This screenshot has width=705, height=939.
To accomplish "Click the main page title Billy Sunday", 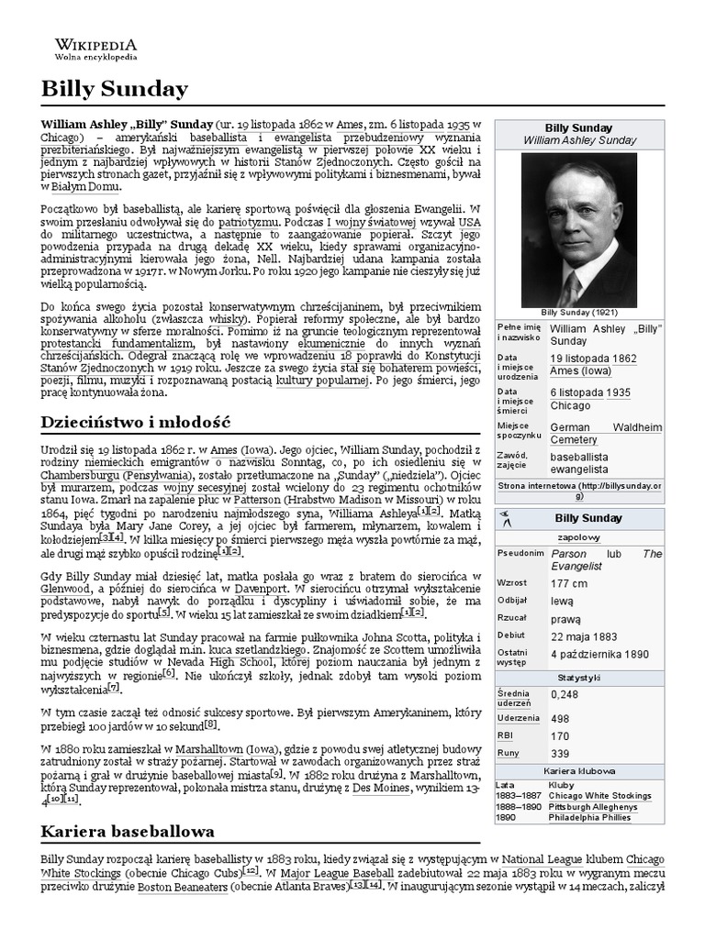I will point(115,89).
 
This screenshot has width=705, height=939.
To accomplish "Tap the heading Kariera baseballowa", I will point(129,831).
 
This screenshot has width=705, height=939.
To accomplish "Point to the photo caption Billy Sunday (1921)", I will point(578,312).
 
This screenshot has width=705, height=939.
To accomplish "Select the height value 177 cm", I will point(569,583).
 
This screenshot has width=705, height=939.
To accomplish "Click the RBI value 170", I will point(561,735).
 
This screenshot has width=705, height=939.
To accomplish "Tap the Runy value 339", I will point(561,753).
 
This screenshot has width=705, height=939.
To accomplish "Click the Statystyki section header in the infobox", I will point(578,677).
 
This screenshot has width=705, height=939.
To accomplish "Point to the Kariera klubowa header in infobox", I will point(578,771).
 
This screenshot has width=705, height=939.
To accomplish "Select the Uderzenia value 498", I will point(561,717).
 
